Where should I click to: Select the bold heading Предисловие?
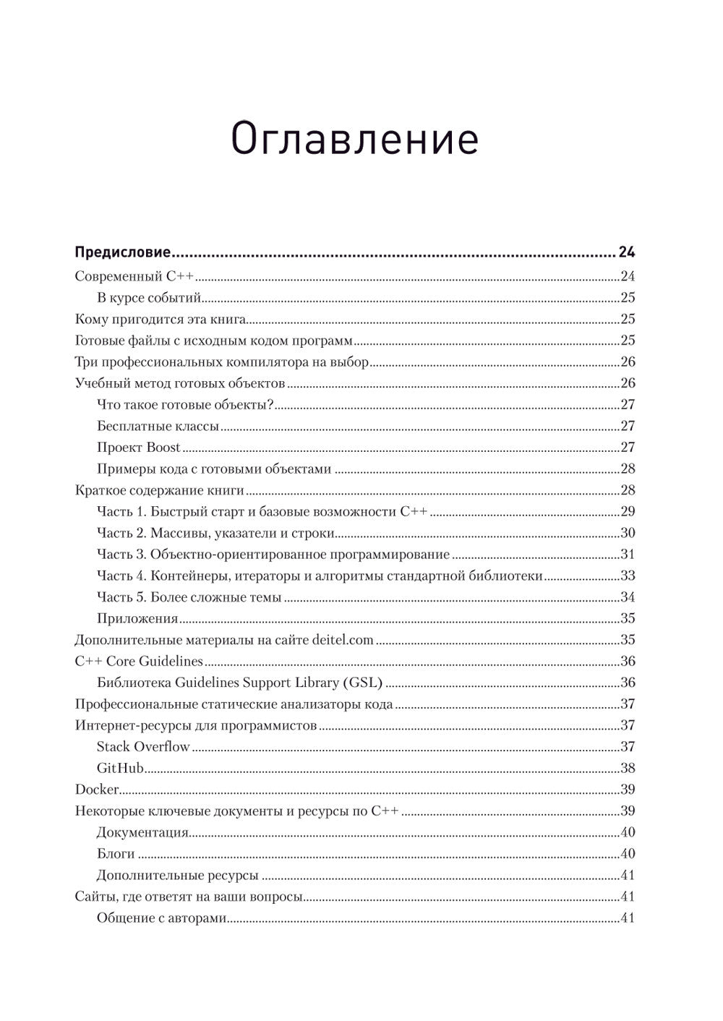(x=122, y=253)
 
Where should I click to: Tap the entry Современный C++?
(x=137, y=276)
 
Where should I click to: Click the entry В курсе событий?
(x=148, y=298)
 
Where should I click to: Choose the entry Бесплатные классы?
(x=158, y=426)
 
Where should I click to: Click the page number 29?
(x=627, y=512)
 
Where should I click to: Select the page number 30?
(x=627, y=534)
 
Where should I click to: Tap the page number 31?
(x=627, y=555)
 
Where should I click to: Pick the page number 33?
(x=627, y=576)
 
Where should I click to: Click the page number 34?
(x=627, y=597)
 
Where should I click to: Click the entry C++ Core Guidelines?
(x=139, y=662)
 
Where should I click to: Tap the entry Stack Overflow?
(x=143, y=747)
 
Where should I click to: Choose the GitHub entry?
(x=120, y=768)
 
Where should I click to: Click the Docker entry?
(x=97, y=790)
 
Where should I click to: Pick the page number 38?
(x=627, y=768)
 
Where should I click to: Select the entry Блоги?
(x=116, y=854)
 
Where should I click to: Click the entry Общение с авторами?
(x=162, y=918)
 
